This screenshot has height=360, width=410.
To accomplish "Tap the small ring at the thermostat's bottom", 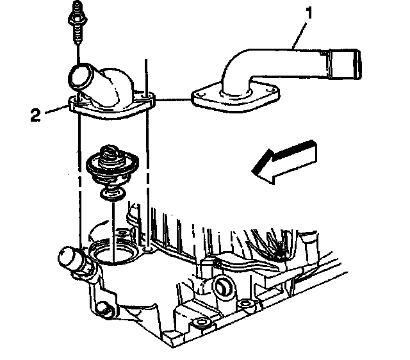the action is (x=113, y=194).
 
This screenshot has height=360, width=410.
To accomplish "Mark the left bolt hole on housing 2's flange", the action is (x=76, y=100).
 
